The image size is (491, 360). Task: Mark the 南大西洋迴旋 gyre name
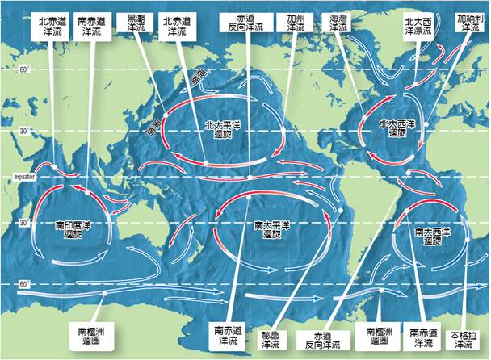point(427,235)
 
